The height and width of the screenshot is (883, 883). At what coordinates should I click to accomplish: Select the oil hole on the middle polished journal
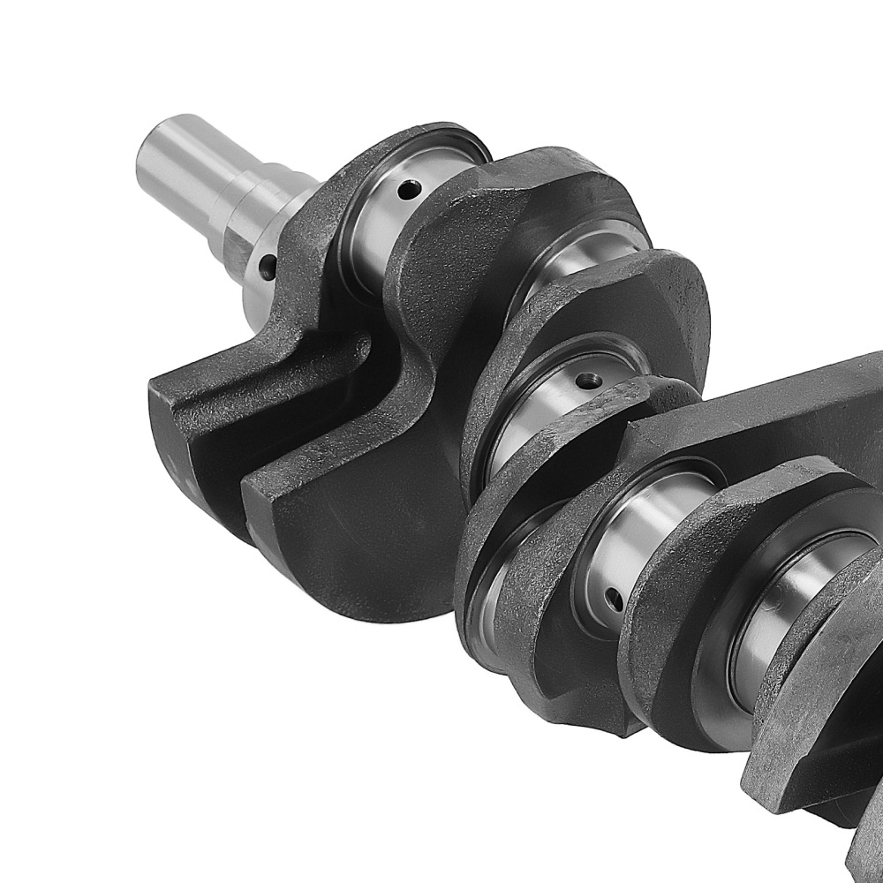[586, 381]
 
